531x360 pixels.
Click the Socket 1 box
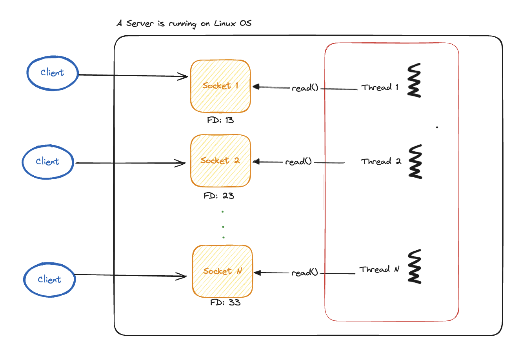pyautogui.click(x=220, y=86)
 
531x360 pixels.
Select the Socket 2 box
pyautogui.click(x=220, y=161)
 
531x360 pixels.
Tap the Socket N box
pyautogui.click(x=222, y=271)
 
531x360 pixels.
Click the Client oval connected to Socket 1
pyautogui.click(x=53, y=73)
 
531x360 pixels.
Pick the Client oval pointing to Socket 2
pyautogui.click(x=48, y=162)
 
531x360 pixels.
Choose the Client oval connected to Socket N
pyautogui.click(x=49, y=280)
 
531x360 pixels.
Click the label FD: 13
pyautogui.click(x=220, y=120)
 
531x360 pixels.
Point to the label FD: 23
pyautogui.click(x=219, y=195)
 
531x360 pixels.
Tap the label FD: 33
pyautogui.click(x=225, y=302)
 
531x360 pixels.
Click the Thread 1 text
pyautogui.click(x=380, y=87)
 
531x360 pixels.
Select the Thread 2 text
pyautogui.click(x=381, y=162)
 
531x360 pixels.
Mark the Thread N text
pyautogui.click(x=379, y=269)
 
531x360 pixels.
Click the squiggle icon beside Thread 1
pyautogui.click(x=414, y=80)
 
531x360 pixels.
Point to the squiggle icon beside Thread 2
pyautogui.click(x=415, y=162)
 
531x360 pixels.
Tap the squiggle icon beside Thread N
pyautogui.click(x=415, y=266)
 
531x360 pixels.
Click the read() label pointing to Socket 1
pyautogui.click(x=305, y=88)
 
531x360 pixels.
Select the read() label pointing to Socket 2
pyautogui.click(x=298, y=162)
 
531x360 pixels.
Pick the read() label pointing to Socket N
pyautogui.click(x=304, y=273)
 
